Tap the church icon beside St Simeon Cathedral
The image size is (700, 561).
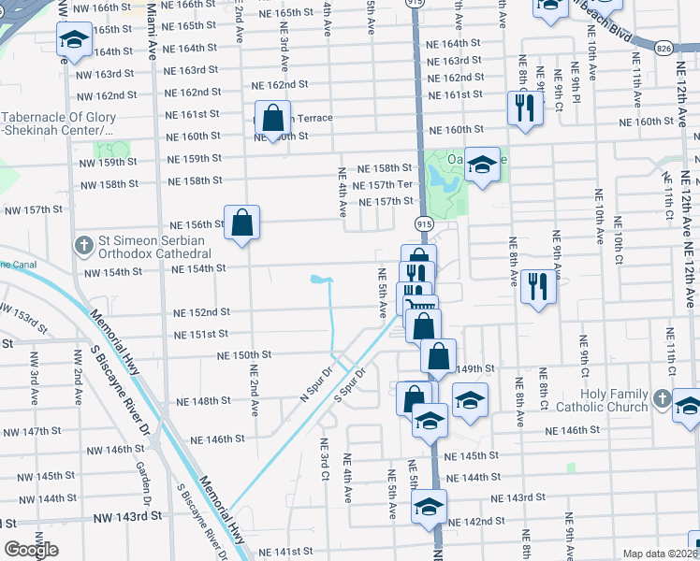pos(82,246)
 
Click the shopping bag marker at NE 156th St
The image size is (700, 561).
pos(241,223)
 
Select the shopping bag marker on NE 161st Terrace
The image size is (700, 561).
pos(272,119)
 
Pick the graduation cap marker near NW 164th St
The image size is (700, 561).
pos(73,39)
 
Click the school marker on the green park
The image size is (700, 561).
pos(482,165)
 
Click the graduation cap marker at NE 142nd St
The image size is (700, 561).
pos(429,506)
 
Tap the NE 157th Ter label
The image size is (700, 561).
pos(386,184)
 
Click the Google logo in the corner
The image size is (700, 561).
pos(32,550)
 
